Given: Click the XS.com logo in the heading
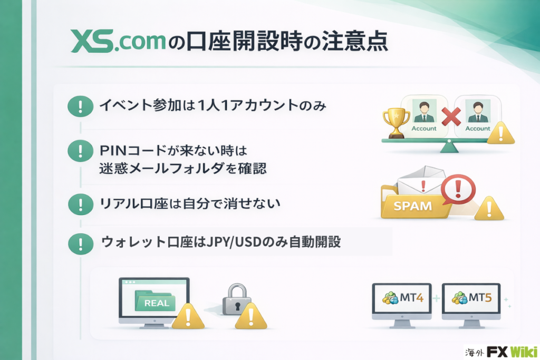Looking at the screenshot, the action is point(118,41).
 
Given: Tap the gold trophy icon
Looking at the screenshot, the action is point(396,123).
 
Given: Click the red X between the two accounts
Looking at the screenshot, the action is point(451,116).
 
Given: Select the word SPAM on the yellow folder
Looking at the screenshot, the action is point(412,206).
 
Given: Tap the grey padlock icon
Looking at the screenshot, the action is point(237,299).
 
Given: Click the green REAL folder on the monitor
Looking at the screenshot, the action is point(156,300).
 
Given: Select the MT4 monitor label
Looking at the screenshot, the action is point(411,297).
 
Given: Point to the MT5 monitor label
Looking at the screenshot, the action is point(480,297).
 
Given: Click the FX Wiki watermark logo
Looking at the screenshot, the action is point(502,352).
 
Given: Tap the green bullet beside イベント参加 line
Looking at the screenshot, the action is point(80,106).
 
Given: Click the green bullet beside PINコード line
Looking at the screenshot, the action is point(80,151).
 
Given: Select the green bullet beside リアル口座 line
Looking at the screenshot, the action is point(81,205).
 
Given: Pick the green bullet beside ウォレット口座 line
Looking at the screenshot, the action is point(81,244).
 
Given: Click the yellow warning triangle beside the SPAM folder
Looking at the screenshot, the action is point(489,209).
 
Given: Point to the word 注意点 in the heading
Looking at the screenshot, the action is point(355,41).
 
